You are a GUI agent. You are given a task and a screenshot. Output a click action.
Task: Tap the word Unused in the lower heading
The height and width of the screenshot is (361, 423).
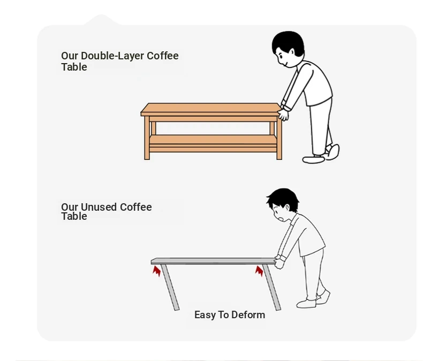point(99,207)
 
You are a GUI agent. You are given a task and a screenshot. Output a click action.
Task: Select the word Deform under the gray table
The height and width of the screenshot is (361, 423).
point(248,314)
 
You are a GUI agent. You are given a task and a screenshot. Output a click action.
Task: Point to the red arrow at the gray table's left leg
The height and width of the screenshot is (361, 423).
point(157,271)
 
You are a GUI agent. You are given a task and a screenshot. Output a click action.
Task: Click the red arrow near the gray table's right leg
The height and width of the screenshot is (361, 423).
point(259,271)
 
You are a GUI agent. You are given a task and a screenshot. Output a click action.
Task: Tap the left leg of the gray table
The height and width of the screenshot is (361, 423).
point(170,287)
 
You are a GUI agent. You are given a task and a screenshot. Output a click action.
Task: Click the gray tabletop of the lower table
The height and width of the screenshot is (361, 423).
point(213,261)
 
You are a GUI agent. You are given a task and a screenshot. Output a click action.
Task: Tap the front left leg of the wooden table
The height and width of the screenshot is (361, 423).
point(147,137)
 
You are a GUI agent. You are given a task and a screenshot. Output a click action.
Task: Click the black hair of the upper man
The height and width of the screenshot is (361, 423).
point(288,43)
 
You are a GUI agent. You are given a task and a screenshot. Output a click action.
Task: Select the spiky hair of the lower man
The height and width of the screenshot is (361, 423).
point(283,199)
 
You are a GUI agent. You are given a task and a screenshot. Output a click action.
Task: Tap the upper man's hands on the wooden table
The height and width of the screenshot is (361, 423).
point(283,114)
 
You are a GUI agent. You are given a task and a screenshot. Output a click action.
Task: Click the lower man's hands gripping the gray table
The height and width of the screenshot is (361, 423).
point(280,263)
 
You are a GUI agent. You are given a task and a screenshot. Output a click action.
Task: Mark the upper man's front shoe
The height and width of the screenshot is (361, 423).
point(313,159)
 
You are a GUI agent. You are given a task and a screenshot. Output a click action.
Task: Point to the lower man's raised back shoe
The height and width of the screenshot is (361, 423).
point(323,297)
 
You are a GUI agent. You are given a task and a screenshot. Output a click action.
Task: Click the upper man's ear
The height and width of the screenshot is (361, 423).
point(292,52)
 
